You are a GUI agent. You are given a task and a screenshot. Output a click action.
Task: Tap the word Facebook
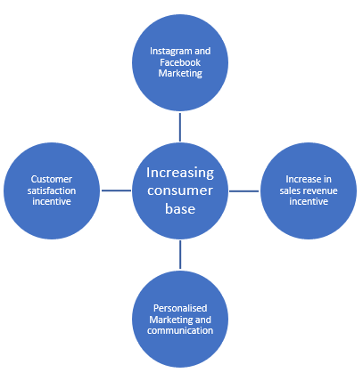click(x=180, y=62)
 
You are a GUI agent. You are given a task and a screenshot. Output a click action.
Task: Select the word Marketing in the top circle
click(x=180, y=73)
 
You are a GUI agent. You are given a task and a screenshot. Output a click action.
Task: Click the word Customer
click(x=52, y=179)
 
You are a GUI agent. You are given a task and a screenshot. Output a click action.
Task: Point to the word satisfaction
click(x=52, y=190)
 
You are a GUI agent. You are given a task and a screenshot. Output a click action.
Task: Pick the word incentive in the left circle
click(x=52, y=201)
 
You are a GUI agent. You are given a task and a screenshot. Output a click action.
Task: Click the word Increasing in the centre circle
click(x=180, y=174)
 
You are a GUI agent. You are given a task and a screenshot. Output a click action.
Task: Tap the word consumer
click(x=180, y=190)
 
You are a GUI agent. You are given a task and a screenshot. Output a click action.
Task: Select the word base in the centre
click(x=180, y=208)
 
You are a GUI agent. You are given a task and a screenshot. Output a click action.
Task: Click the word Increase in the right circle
click(x=301, y=179)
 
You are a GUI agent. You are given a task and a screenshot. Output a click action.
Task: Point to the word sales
click(x=288, y=190)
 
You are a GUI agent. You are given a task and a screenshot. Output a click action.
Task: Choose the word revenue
click(x=318, y=191)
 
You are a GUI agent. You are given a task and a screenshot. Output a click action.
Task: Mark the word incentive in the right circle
click(x=309, y=201)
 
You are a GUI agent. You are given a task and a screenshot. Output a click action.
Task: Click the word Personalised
click(x=180, y=308)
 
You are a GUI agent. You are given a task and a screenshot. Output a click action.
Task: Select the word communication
click(x=180, y=330)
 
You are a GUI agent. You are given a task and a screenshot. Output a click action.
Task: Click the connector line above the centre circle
click(x=180, y=127)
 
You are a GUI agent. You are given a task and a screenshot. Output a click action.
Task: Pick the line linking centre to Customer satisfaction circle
click(x=116, y=190)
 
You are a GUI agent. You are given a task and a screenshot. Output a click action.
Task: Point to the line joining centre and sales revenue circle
click(x=243, y=191)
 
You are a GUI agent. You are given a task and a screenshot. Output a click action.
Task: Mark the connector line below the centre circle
click(x=180, y=255)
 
